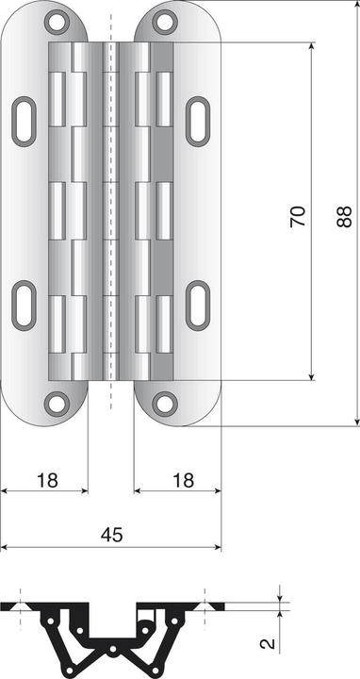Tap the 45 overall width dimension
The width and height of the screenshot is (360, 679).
111,535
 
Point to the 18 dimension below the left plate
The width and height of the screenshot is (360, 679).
46,480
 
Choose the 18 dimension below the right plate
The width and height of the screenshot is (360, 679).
183,480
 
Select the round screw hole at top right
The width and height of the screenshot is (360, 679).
165,19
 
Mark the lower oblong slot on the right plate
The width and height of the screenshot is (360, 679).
198,305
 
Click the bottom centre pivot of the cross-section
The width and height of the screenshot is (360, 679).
111,651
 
